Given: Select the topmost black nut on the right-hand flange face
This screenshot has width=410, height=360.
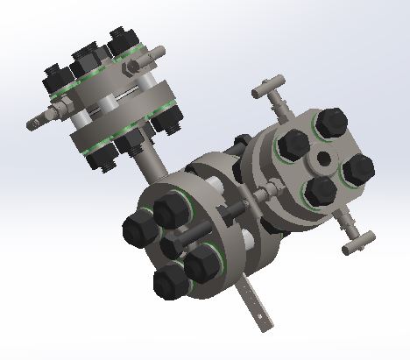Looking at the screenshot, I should tap(329, 123).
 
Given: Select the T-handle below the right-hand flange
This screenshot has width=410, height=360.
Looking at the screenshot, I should tap(358, 238).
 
